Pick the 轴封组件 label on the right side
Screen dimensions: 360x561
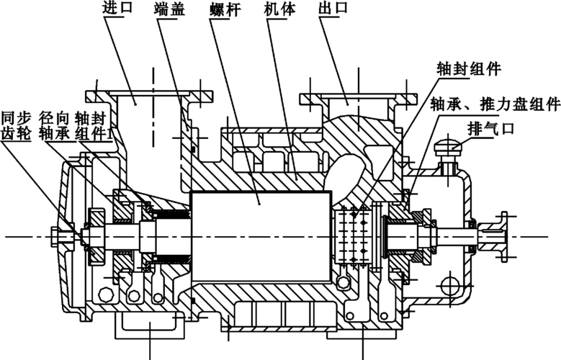point(469,71)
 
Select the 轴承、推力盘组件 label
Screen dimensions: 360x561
point(494,104)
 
